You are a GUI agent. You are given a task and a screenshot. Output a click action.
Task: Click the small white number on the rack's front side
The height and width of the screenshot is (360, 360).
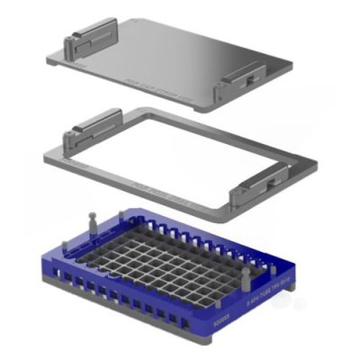point(222,319)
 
